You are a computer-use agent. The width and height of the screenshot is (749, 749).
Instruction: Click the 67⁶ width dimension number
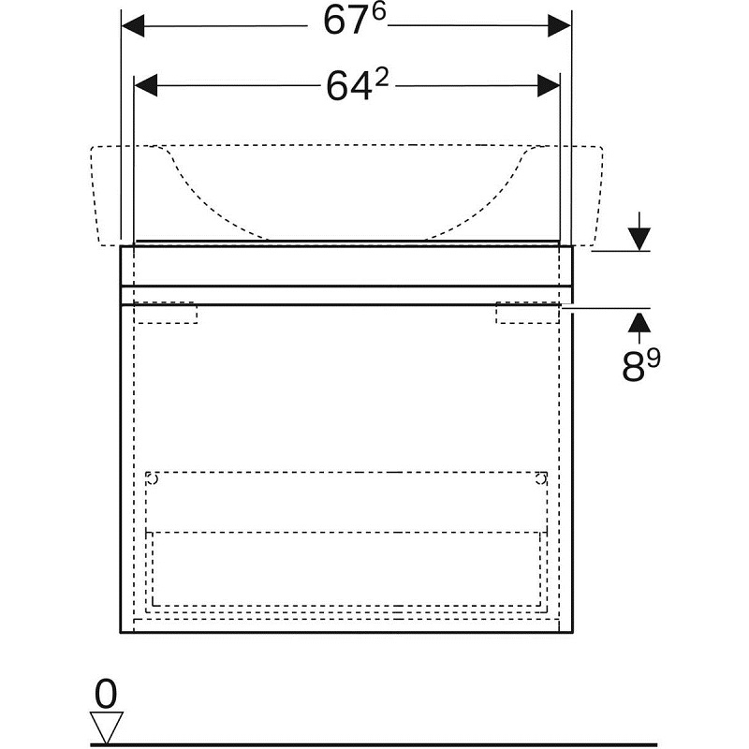pyautogui.click(x=354, y=21)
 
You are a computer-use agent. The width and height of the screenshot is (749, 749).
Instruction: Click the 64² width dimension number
pyautogui.click(x=358, y=85)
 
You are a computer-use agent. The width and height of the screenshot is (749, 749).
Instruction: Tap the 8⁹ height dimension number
pyautogui.click(x=641, y=364)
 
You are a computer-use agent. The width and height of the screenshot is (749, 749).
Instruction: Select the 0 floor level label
pyautogui.click(x=106, y=694)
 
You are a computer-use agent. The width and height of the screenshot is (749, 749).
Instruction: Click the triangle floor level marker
pyautogui.click(x=106, y=727)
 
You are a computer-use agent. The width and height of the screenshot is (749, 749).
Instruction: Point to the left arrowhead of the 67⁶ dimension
pyautogui.click(x=133, y=25)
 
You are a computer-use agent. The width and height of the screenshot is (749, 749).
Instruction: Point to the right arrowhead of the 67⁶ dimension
pyautogui.click(x=559, y=25)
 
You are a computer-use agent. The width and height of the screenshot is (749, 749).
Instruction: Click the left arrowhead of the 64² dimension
pyautogui.click(x=146, y=85)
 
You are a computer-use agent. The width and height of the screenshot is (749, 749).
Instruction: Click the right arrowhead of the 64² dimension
pyautogui.click(x=549, y=85)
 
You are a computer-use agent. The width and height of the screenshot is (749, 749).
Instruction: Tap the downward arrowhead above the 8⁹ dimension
pyautogui.click(x=639, y=239)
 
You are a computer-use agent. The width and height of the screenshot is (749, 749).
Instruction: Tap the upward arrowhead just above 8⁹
pyautogui.click(x=639, y=321)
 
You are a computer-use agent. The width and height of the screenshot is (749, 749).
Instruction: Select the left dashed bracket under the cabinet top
pyautogui.click(x=166, y=313)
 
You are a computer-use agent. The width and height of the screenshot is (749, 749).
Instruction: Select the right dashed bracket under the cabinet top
pyautogui.click(x=527, y=313)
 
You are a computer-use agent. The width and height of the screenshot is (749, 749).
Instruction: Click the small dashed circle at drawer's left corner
pyautogui.click(x=152, y=478)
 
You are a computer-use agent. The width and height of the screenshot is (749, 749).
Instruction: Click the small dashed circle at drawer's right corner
pyautogui.click(x=541, y=478)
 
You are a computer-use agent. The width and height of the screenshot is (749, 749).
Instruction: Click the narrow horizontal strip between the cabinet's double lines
pyautogui.click(x=346, y=295)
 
